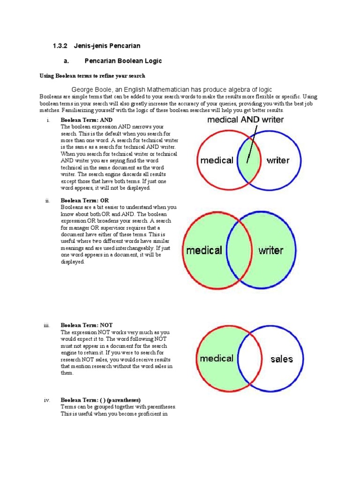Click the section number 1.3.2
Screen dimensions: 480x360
(60, 46)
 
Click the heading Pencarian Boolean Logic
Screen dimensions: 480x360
(123, 61)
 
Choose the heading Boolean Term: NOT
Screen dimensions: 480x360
(87, 325)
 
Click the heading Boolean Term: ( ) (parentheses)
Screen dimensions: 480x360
(100, 400)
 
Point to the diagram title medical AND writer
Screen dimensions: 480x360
(246, 120)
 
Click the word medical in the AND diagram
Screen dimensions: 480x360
(217, 160)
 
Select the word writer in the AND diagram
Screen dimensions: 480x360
(278, 160)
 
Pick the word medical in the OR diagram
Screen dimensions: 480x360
(204, 250)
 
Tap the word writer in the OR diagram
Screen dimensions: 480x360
(271, 250)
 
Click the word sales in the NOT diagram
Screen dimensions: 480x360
(281, 360)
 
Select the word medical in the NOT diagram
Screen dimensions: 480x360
(216, 359)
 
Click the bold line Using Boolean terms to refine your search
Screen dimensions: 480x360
(92, 75)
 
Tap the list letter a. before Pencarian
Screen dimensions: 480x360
(66, 61)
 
